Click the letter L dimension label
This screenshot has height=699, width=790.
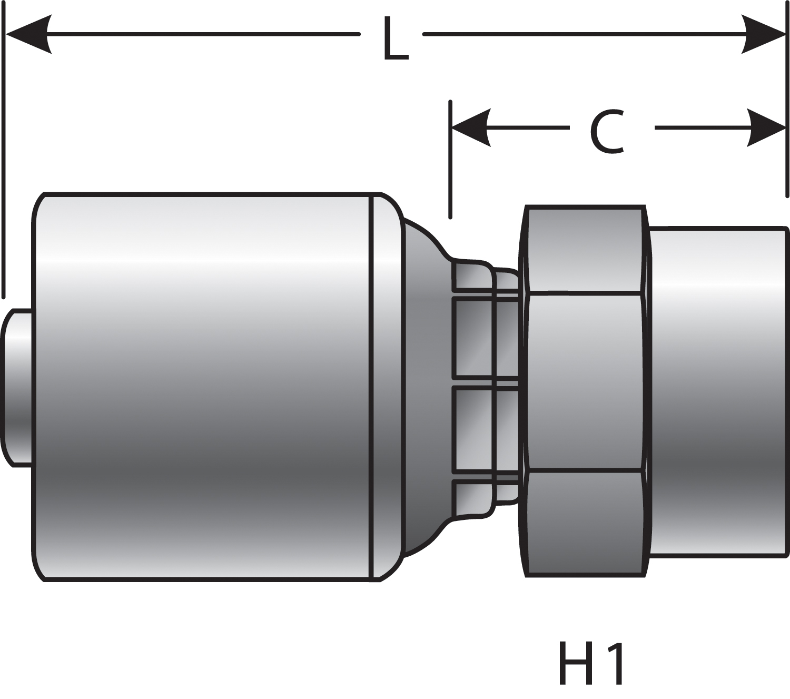point(395,40)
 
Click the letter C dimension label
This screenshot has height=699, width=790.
point(607,132)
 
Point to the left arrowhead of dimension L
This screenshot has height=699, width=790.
point(26,34)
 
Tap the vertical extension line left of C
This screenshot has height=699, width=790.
point(450,158)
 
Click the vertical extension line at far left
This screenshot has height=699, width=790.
point(4,158)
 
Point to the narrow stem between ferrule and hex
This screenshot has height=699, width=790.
point(474,387)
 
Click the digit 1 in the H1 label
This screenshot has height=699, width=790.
point(617,663)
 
